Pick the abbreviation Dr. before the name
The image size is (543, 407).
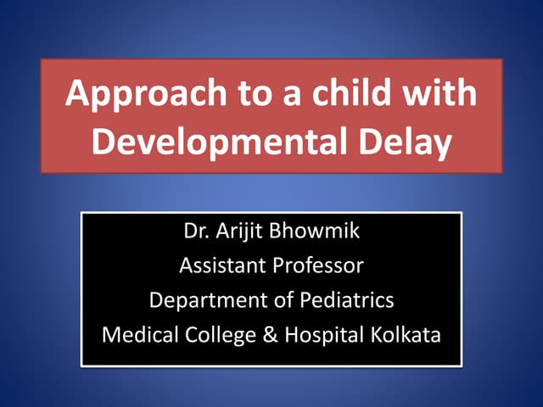pos(195,231)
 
